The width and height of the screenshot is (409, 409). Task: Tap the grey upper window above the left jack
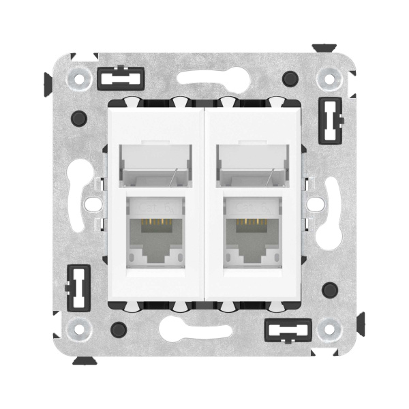(156, 164)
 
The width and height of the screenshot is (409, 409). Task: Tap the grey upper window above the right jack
(253, 164)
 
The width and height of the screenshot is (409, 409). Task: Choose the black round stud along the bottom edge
(120, 329)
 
